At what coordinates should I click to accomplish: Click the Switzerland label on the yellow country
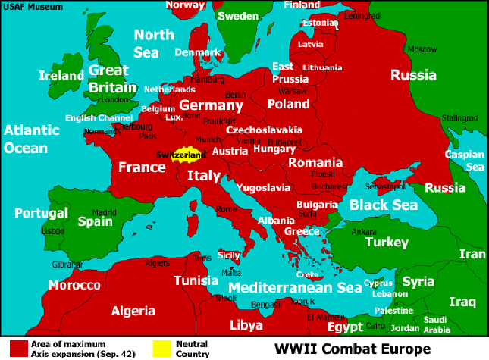tap(180, 155)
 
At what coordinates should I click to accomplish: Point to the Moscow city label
tap(422, 49)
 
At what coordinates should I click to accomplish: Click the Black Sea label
tap(384, 205)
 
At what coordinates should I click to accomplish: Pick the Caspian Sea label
tap(464, 160)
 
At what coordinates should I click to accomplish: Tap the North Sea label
tap(154, 43)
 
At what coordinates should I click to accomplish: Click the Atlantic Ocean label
tap(31, 139)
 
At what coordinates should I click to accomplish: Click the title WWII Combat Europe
tap(353, 349)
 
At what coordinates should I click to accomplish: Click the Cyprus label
tap(378, 283)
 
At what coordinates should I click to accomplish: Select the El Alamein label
tap(325, 317)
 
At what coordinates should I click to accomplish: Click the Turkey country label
tap(387, 243)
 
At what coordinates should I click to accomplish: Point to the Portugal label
tap(41, 213)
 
